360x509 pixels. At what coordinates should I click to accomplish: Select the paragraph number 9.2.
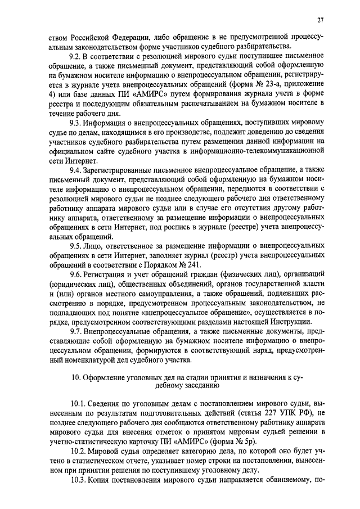(75, 57)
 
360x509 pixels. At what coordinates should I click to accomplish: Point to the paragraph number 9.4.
(75, 169)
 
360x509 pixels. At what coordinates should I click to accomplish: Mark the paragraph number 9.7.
(75, 332)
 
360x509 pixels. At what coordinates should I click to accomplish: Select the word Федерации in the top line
(127, 38)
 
